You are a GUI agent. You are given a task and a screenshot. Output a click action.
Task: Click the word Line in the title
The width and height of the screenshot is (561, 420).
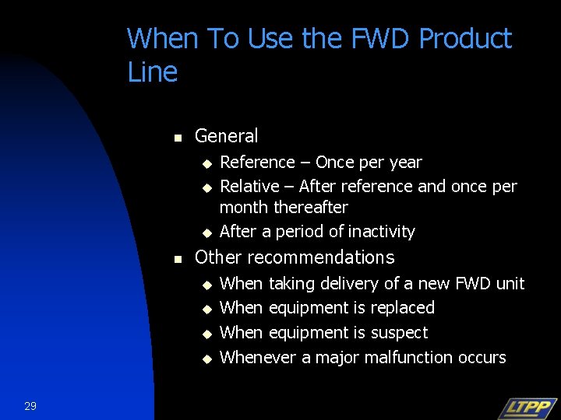pyautogui.click(x=152, y=72)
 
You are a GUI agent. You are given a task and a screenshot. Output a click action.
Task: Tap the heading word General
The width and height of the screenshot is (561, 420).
pyautogui.click(x=226, y=136)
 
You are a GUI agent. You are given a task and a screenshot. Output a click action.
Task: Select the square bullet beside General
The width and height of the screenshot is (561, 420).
pyautogui.click(x=177, y=138)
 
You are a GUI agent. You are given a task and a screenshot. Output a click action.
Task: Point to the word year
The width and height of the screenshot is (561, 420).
pyautogui.click(x=404, y=163)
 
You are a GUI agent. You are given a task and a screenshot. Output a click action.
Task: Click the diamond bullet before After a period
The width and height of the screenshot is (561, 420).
pyautogui.click(x=207, y=233)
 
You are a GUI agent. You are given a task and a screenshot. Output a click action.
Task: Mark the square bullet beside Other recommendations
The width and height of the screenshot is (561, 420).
pyautogui.click(x=177, y=259)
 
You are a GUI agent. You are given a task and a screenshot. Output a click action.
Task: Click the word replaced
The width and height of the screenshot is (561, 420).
pyautogui.click(x=402, y=308)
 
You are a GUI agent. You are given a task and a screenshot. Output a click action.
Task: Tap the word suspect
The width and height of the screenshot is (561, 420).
pyautogui.click(x=399, y=333)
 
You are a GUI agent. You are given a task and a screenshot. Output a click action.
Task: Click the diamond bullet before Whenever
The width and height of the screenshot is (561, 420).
pyautogui.click(x=207, y=359)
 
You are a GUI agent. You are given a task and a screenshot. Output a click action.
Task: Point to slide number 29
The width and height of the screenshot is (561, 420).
pyautogui.click(x=30, y=406)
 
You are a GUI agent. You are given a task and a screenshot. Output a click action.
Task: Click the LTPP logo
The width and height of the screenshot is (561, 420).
pyautogui.click(x=527, y=408)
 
